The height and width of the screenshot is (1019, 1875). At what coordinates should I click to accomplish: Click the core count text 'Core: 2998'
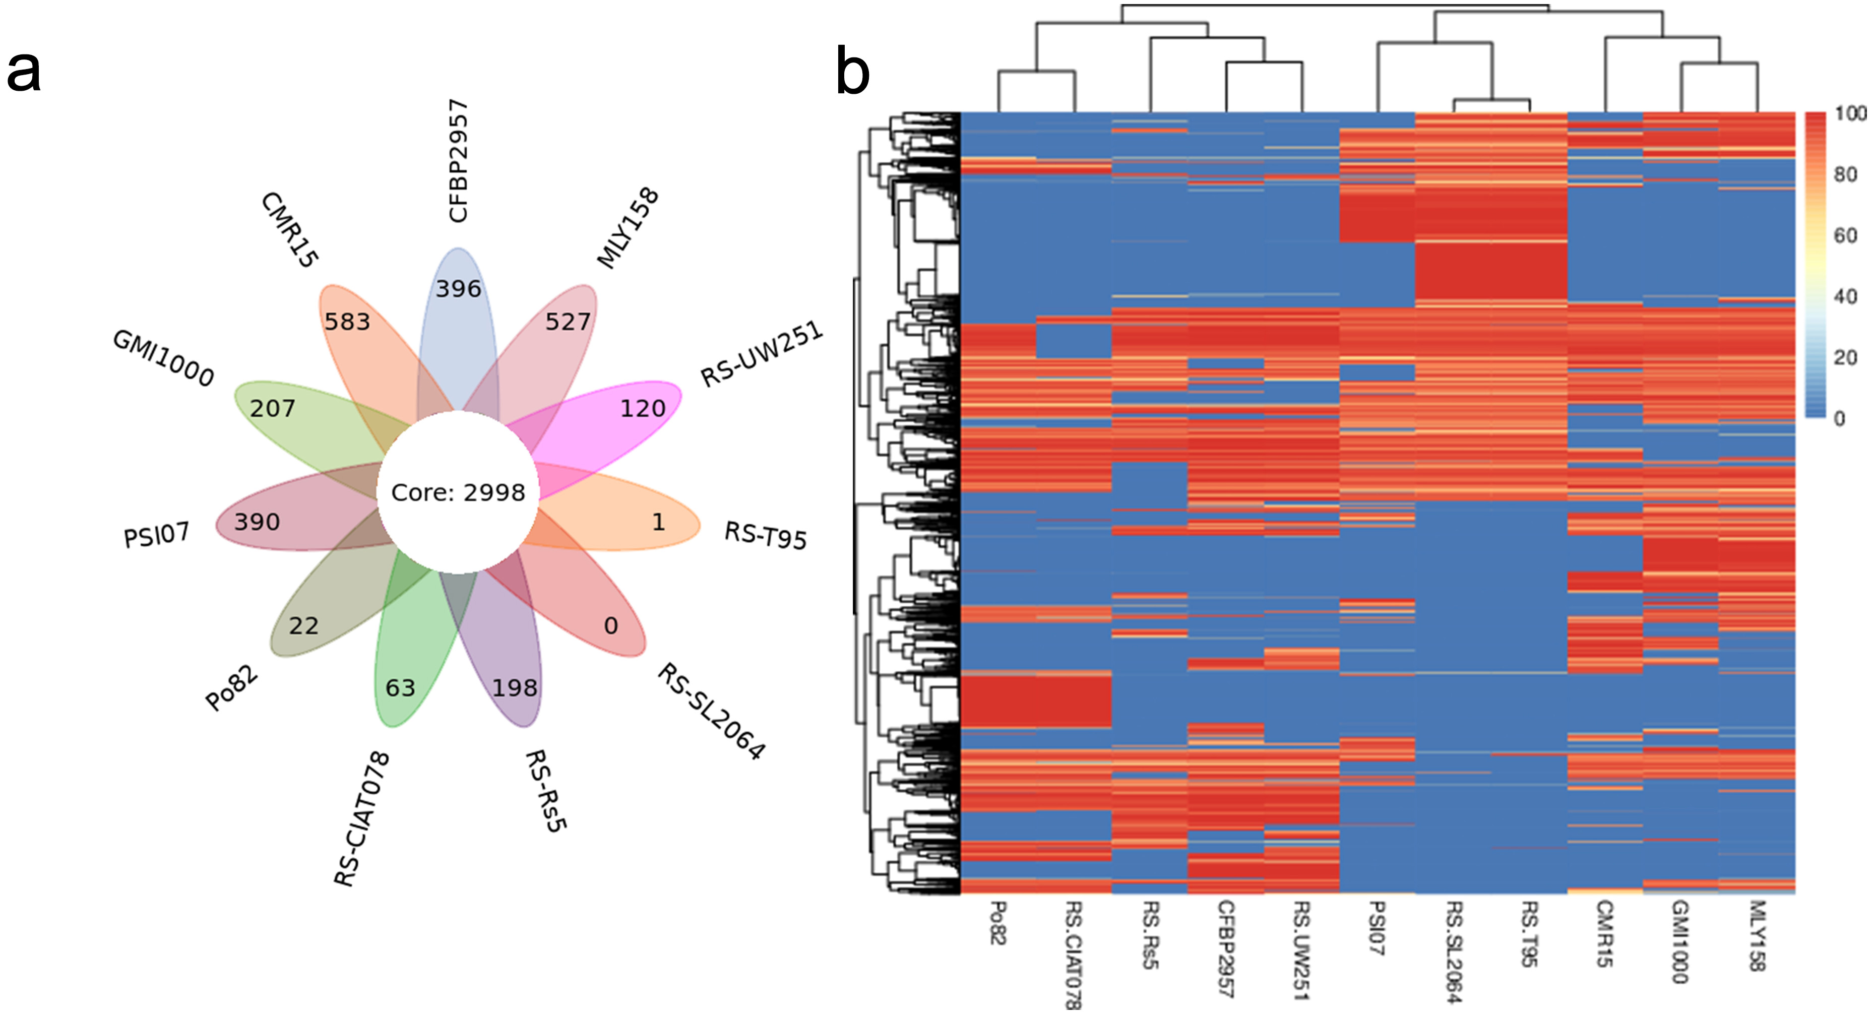click(x=458, y=493)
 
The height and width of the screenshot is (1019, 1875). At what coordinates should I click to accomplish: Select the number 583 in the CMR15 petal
click(x=347, y=322)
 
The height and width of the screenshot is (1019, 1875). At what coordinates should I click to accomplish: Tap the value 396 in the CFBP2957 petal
click(x=459, y=289)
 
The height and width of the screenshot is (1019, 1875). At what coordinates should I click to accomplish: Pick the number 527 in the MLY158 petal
click(x=568, y=322)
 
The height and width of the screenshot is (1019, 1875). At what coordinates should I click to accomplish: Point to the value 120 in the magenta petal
click(x=643, y=408)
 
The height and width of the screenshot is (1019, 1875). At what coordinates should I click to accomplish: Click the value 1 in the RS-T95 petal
click(x=658, y=522)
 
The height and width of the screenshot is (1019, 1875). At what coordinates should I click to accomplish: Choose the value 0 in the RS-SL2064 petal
click(x=611, y=626)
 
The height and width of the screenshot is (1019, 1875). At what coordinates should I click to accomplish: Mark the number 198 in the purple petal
click(x=515, y=688)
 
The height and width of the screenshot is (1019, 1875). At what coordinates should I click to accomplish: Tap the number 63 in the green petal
click(x=400, y=688)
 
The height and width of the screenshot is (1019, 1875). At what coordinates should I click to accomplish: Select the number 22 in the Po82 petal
click(x=303, y=626)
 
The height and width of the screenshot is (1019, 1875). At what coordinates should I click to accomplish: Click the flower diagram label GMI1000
click(x=163, y=358)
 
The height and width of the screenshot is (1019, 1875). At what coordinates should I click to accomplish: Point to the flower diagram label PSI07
click(x=156, y=535)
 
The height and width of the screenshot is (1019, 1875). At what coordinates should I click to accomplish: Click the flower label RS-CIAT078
click(x=362, y=819)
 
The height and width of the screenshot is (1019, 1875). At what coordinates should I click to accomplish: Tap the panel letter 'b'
click(x=852, y=72)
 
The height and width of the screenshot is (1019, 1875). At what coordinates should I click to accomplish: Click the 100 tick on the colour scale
click(x=1849, y=113)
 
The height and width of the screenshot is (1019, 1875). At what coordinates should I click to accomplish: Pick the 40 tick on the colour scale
click(x=1845, y=296)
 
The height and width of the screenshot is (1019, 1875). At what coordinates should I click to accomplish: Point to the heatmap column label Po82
click(x=998, y=923)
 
